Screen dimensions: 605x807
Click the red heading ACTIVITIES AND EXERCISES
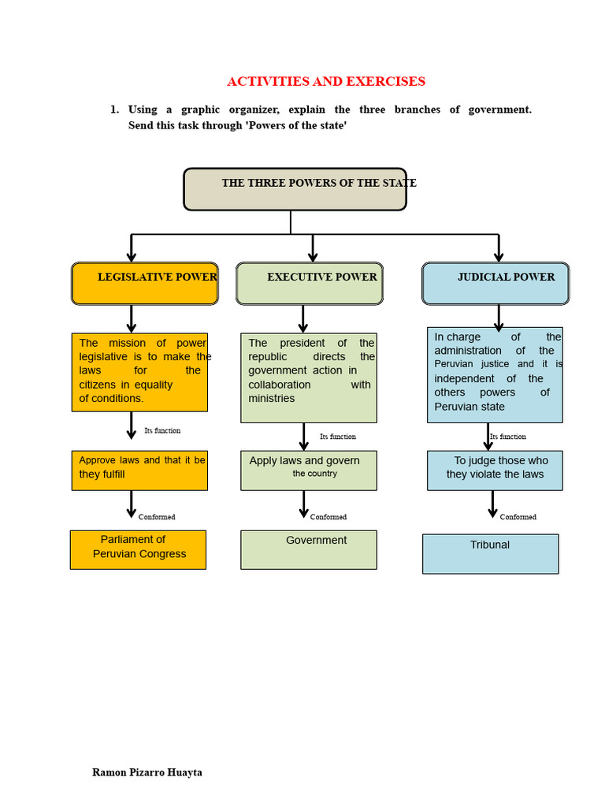(326, 81)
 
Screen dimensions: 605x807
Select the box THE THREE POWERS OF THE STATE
(295, 189)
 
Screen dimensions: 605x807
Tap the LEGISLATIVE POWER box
(145, 284)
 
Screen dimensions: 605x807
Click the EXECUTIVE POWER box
(309, 284)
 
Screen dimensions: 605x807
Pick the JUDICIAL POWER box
(496, 284)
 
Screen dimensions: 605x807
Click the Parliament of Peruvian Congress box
(139, 549)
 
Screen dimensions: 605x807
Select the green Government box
(309, 549)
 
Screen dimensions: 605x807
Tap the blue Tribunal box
(490, 554)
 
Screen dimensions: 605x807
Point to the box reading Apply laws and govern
(309, 470)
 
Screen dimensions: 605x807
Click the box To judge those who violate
(495, 470)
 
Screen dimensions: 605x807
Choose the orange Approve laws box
(139, 470)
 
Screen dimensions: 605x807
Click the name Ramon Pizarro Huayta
(147, 772)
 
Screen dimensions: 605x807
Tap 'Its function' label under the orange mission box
(162, 430)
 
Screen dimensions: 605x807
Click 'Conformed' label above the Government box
(328, 517)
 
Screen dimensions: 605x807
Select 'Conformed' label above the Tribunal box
(518, 517)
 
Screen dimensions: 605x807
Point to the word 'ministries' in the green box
(272, 398)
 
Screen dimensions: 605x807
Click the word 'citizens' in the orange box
(97, 385)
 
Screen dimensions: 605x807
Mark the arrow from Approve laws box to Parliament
(132, 504)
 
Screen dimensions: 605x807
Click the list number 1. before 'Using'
(115, 109)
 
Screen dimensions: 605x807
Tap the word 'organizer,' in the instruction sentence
(254, 110)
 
